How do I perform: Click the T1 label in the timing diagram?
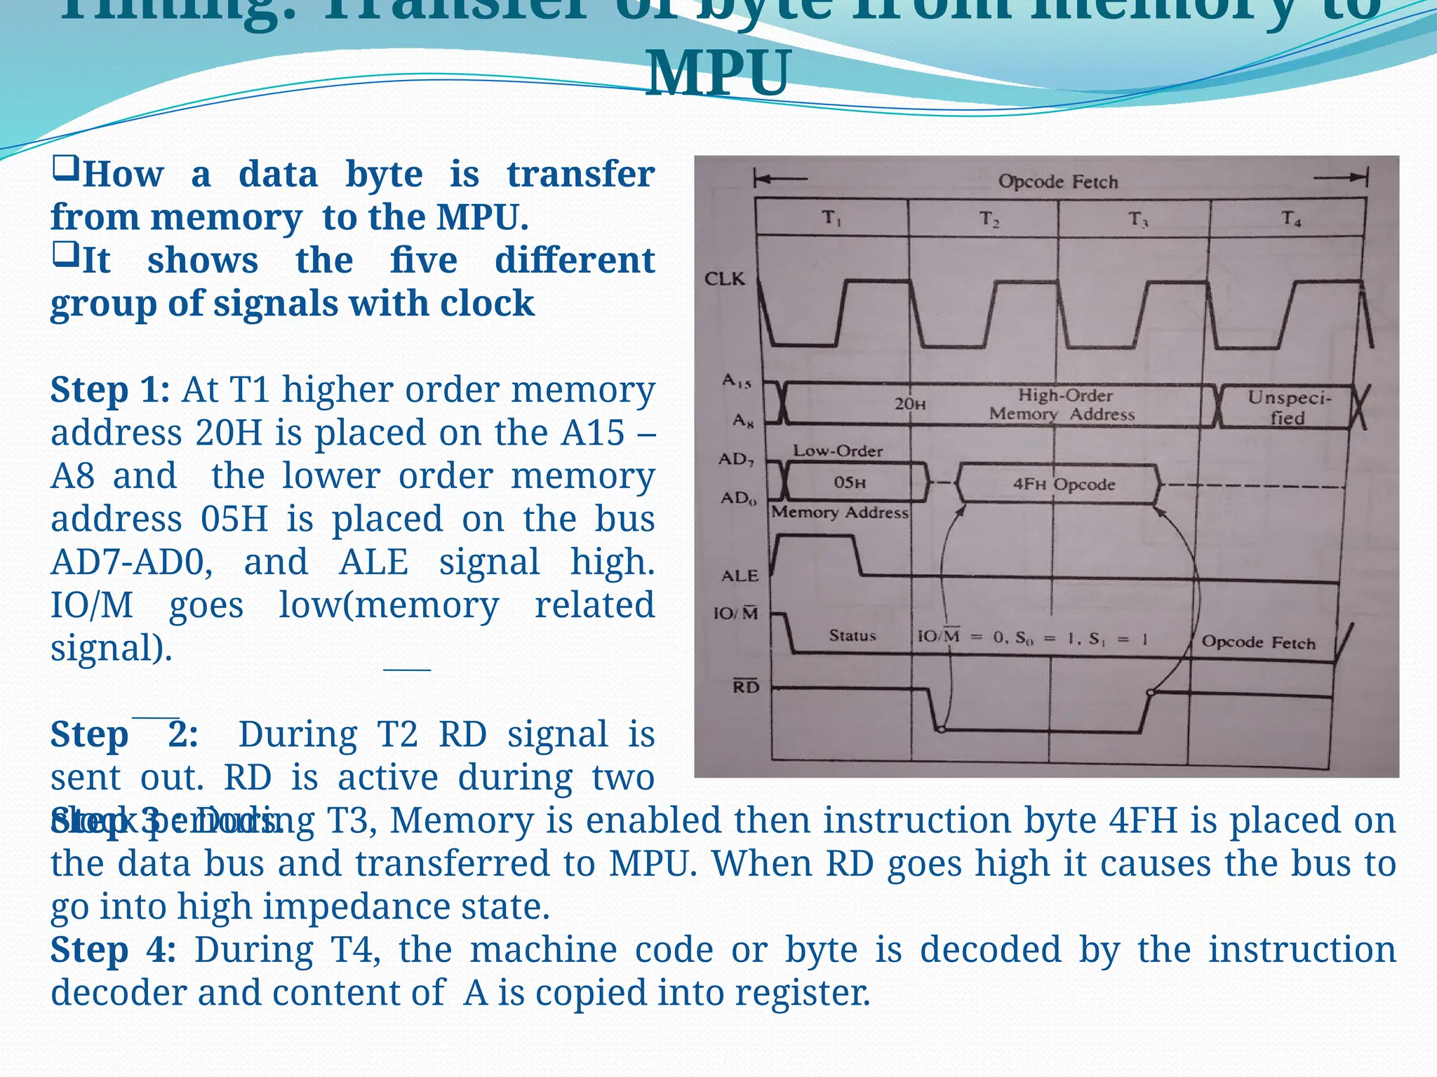pos(831,219)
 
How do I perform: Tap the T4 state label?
pos(1291,219)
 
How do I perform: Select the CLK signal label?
pos(724,279)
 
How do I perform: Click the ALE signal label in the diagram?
pos(740,576)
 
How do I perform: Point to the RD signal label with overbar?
pos(746,686)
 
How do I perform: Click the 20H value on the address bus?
pos(909,405)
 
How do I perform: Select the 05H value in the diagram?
pos(849,482)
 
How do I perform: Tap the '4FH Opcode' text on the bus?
pos(1064,485)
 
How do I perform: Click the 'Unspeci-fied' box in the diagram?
pos(1288,407)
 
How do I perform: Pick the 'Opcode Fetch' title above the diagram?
pos(1057,182)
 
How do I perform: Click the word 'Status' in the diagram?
pos(853,636)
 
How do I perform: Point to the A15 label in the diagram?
pos(737,381)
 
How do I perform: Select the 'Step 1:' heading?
pos(109,390)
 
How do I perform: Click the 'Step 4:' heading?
pos(112,950)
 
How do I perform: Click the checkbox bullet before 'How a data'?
pos(65,170)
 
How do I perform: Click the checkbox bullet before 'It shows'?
pos(65,256)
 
